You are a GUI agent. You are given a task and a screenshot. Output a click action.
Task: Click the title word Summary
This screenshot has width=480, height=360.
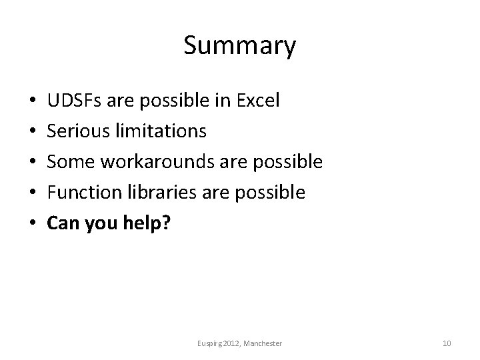coord(239,47)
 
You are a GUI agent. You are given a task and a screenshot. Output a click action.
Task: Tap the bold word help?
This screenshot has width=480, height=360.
coord(147,224)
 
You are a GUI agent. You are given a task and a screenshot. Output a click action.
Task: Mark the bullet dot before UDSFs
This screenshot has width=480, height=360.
coord(33,101)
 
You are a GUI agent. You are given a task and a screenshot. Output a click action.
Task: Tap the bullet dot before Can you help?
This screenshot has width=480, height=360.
coord(33,224)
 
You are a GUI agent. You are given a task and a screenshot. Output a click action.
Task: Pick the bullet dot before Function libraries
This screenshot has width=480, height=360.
coord(33,193)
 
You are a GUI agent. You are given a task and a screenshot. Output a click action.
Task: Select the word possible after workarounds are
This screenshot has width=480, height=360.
coord(292,162)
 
